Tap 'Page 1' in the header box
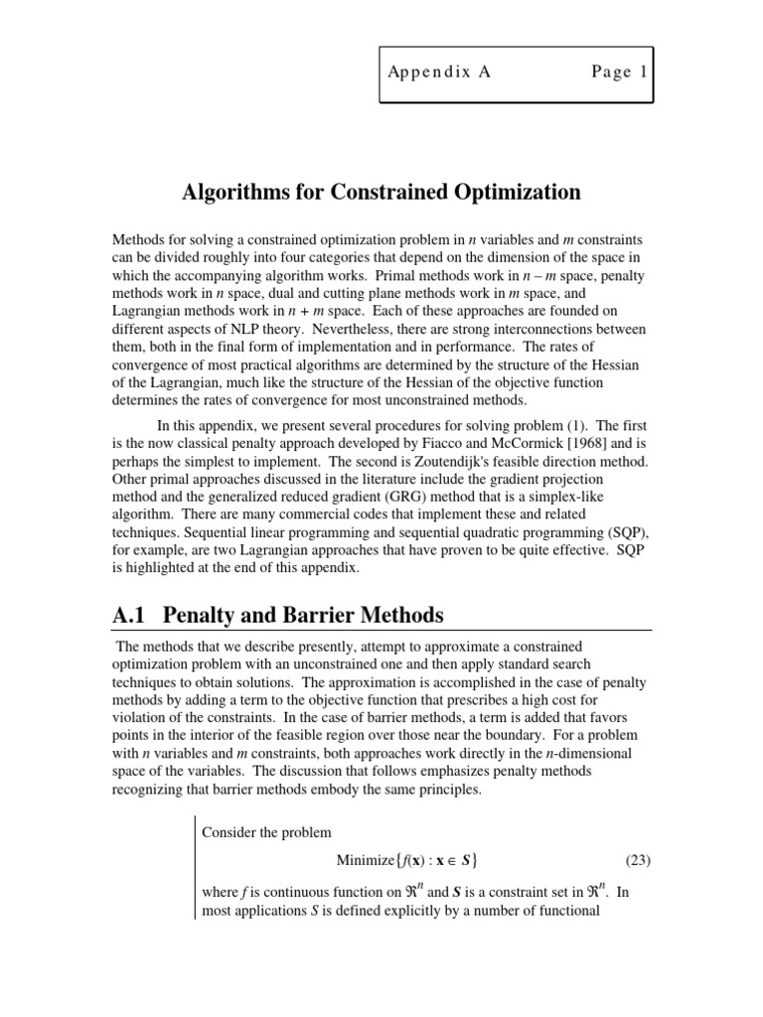click(x=618, y=73)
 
